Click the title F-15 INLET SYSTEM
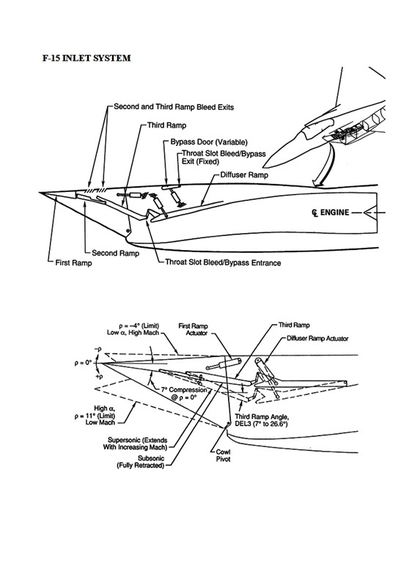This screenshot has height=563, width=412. point(87,58)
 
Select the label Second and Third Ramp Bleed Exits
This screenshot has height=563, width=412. point(174,107)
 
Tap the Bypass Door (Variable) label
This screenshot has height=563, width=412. point(209,142)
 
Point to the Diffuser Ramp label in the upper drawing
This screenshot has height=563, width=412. point(244,175)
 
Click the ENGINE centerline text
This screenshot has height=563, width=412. point(334,213)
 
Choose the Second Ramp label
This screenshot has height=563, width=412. point(115,253)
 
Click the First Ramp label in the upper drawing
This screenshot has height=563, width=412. point(73,263)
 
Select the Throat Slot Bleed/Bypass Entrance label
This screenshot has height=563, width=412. point(223,262)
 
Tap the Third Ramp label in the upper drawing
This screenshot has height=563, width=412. point(166,125)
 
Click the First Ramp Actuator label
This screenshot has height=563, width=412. point(194,329)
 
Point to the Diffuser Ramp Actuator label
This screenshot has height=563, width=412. point(317,338)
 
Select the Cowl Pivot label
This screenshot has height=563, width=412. point(223,456)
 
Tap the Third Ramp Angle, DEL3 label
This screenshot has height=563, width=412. point(261,421)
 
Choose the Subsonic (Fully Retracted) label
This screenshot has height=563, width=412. point(141,462)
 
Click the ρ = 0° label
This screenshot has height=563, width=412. point(84,363)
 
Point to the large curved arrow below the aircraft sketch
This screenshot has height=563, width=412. point(324,166)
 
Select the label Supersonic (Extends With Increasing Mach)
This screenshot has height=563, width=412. point(135,444)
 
